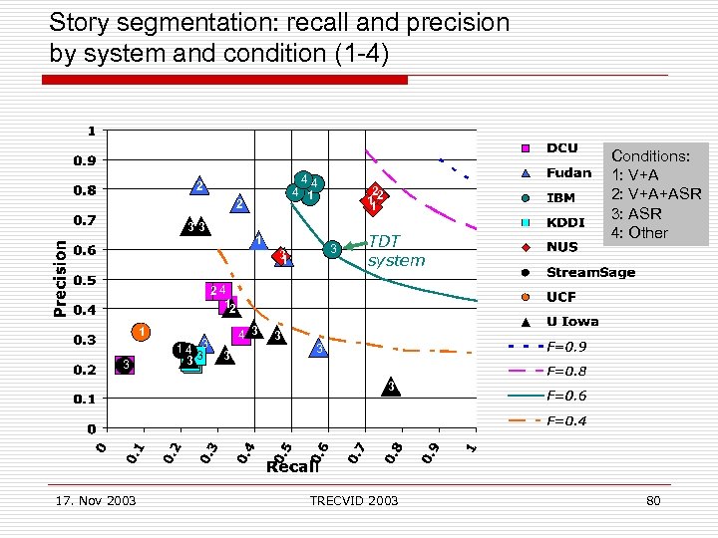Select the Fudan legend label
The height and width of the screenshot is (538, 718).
click(x=566, y=172)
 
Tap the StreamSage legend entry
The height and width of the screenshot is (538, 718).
click(x=590, y=272)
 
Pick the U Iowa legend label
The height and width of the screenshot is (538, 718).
click(x=572, y=321)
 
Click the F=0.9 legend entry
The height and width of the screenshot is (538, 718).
click(x=566, y=348)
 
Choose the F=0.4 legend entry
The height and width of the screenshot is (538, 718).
click(x=566, y=420)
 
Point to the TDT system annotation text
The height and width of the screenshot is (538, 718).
click(x=395, y=251)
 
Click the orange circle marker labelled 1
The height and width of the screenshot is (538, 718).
click(x=143, y=332)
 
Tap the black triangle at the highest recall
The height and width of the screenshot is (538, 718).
click(x=392, y=387)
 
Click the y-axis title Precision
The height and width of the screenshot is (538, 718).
click(x=61, y=276)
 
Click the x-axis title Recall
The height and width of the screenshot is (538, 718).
click(x=292, y=466)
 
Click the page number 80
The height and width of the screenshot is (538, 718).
click(x=653, y=500)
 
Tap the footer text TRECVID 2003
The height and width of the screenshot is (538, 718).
click(x=354, y=500)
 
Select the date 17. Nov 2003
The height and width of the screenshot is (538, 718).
click(x=96, y=500)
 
